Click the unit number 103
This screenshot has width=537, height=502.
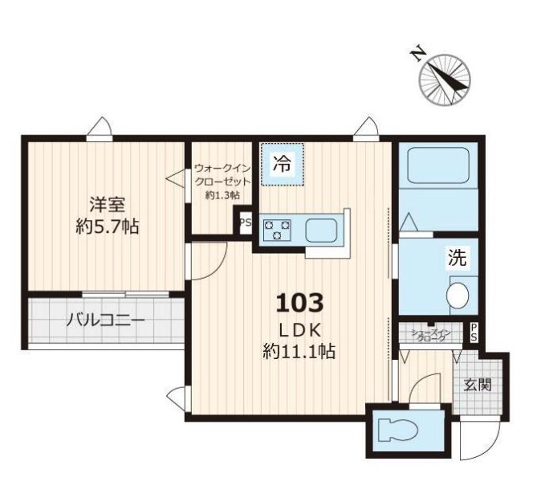299,303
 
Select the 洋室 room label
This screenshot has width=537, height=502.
106,204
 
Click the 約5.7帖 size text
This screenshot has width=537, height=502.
106,227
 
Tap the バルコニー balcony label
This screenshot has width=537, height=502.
105,320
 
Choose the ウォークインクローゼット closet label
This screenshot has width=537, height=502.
222,182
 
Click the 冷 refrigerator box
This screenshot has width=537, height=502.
282,165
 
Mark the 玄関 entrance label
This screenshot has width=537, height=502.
478,384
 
